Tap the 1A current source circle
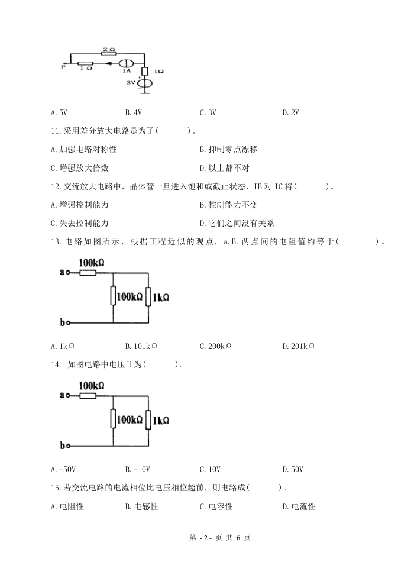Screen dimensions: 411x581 point(126,63)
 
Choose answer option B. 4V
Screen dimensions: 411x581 point(133,112)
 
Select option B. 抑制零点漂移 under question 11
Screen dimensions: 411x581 point(228,150)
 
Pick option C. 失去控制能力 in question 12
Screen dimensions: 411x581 point(80,224)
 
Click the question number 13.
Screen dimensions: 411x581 point(56,242)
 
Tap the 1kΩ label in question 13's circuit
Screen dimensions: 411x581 point(160,297)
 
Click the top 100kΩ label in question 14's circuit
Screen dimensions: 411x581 point(92,386)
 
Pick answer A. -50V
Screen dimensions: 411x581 point(63,469)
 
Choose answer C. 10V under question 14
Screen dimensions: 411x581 point(210,469)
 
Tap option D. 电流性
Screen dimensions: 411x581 point(299,506)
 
